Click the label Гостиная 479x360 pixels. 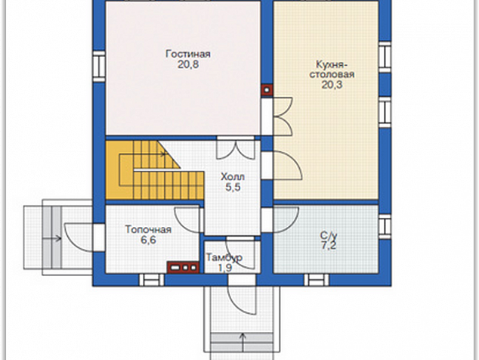point(188,54)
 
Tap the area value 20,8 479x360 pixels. point(188,64)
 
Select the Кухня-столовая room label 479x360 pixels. point(332,70)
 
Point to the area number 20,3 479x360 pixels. point(332,85)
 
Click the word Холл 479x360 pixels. point(233,177)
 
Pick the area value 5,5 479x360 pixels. point(233,188)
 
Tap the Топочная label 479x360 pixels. point(148,229)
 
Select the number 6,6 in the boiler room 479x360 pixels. point(148,240)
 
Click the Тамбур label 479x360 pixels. point(224,257)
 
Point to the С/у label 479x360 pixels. point(329,235)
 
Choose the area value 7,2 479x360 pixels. point(329,245)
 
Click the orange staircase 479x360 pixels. point(154,170)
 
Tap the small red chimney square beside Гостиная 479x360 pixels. point(267,90)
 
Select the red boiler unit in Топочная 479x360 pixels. point(183,267)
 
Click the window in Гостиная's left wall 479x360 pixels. point(99,67)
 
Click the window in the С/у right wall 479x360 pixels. point(385,227)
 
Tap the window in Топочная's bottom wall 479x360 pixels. point(152,280)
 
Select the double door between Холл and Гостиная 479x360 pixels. point(235,148)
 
